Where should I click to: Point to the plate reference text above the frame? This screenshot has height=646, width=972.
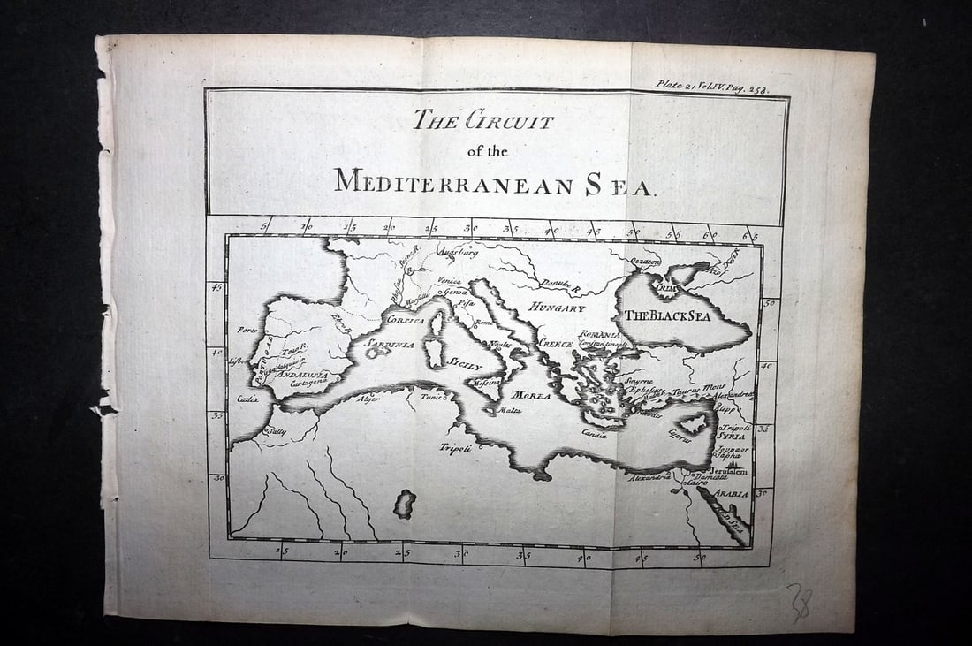pos(710,86)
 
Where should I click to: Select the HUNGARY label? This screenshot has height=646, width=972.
pos(557,308)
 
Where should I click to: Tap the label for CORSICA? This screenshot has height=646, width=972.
pos(406,319)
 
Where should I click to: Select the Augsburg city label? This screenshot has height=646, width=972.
pos(459,252)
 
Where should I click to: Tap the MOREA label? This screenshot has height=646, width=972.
pos(532,395)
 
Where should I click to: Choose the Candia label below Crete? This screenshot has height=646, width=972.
pos(594,433)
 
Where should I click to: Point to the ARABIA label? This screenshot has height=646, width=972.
pos(731,494)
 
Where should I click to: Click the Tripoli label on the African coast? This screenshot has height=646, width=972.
pos(458,447)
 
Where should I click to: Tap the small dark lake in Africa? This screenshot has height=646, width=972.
pos(405,504)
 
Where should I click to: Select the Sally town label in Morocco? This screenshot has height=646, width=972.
pos(277,432)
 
